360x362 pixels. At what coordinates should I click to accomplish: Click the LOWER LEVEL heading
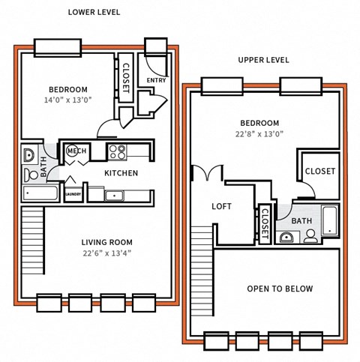pos(94,12)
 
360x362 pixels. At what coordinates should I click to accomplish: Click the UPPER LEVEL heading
pos(263,60)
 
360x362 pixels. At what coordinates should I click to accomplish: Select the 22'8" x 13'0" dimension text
pos(259,135)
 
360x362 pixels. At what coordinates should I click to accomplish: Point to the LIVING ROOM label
pos(106,242)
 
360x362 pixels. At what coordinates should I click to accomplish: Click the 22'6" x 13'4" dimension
pos(106,253)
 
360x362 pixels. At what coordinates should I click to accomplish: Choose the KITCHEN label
pos(121,173)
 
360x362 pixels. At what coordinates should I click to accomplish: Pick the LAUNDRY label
pos(73,195)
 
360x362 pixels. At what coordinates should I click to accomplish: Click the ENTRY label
pos(156,80)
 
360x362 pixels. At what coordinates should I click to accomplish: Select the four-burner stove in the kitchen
pos(117,152)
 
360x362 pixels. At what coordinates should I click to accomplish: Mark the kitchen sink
pos(115,196)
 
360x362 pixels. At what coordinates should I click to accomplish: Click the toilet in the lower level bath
pos(30,175)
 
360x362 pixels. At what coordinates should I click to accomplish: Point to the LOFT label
pos(222,206)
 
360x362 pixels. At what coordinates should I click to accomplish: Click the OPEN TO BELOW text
pos(280,289)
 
